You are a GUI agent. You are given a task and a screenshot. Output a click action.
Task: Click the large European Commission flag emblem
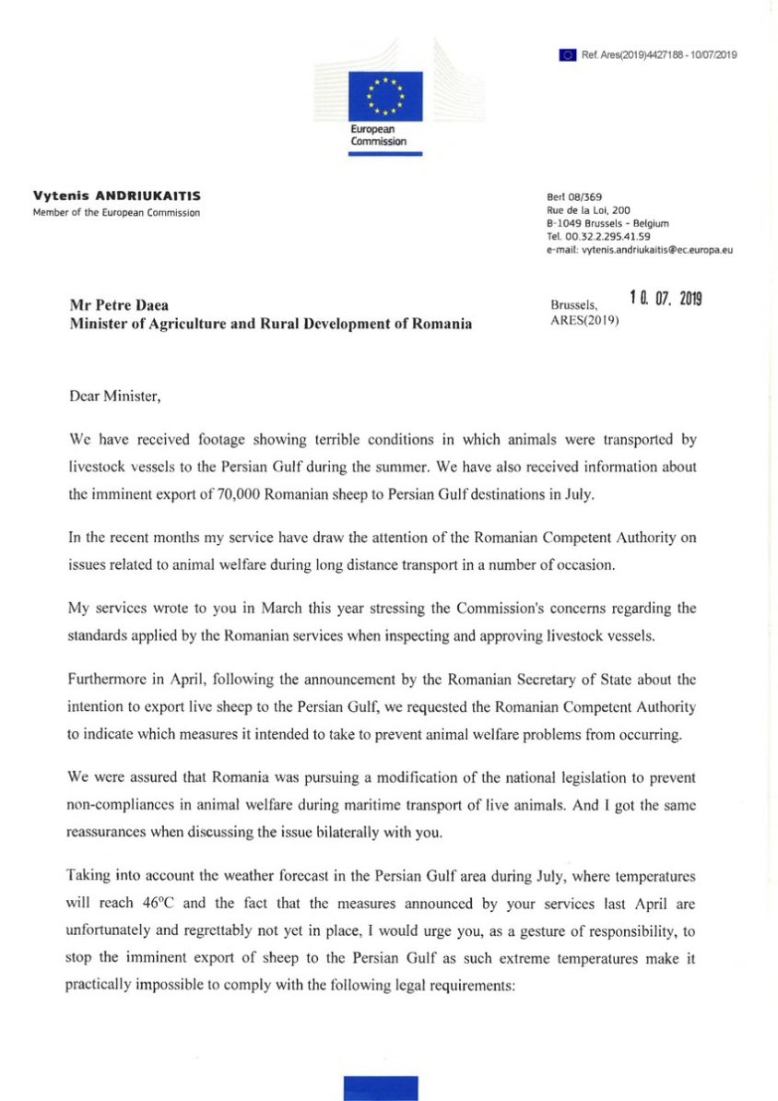(x=385, y=96)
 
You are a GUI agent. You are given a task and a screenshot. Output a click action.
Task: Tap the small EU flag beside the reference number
(x=568, y=55)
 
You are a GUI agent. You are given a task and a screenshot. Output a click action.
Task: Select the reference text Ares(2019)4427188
(x=637, y=55)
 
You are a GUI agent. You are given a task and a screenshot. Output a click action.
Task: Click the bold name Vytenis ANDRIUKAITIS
(x=116, y=196)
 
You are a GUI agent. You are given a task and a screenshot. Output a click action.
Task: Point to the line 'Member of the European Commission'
(x=116, y=213)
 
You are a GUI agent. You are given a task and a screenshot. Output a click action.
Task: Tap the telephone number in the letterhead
(x=599, y=236)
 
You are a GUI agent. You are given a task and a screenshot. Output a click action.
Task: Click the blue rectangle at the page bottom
(x=380, y=1088)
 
